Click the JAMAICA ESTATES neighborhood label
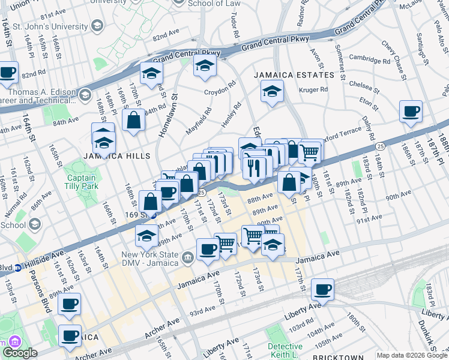coord(293,75)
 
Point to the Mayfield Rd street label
coord(199,121)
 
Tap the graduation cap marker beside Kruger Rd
coord(271,92)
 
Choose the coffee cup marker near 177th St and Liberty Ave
coord(322,290)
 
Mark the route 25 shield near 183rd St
coord(380,146)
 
